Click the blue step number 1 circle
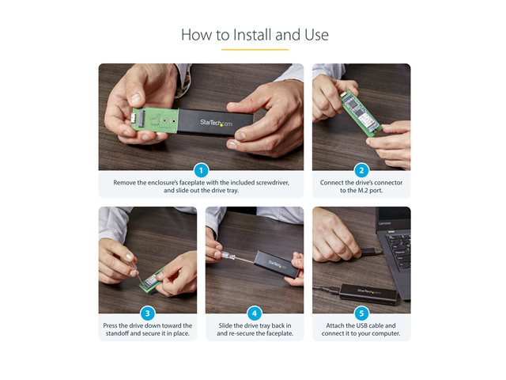point(201,170)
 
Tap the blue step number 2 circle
point(361,170)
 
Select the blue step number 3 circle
point(148,313)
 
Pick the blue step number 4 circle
point(255,313)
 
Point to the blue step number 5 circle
point(361,313)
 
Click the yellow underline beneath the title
point(255,50)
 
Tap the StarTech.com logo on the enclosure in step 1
point(216,123)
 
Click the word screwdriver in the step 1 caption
point(272,183)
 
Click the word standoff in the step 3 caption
point(118,333)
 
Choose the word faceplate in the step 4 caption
point(279,333)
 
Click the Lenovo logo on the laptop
point(384,223)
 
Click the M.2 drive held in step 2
point(362,112)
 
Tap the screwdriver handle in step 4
point(227,255)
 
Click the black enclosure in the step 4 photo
point(277,264)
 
